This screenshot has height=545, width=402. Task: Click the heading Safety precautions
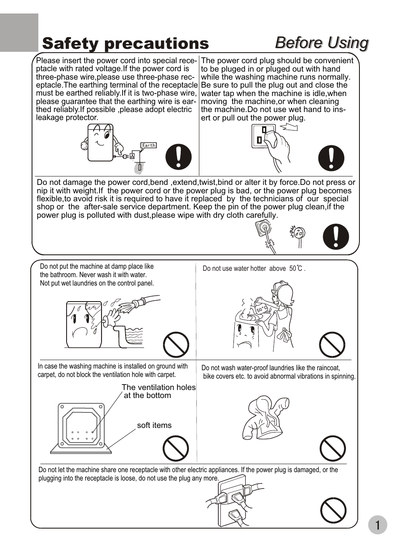[x=126, y=43]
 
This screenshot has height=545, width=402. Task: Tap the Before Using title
[x=322, y=43]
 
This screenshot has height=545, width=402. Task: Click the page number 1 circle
[x=377, y=525]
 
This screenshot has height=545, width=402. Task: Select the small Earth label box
[x=148, y=145]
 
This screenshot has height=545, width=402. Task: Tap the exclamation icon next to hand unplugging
[x=331, y=158]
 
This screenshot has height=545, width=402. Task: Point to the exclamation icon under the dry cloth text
[x=336, y=236]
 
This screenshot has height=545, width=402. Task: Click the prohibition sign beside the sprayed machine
[x=176, y=345]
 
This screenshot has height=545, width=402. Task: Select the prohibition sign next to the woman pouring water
[x=332, y=345]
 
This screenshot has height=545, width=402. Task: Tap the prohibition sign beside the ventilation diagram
[x=176, y=448]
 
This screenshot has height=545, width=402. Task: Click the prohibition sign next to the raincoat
[x=332, y=448]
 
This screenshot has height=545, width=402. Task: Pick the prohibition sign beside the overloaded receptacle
[x=333, y=510]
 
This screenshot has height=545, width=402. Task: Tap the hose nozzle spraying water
[x=137, y=304]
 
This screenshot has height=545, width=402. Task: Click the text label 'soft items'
[x=154, y=425]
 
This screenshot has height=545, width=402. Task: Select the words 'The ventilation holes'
[x=158, y=387]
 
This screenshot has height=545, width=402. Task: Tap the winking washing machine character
[x=100, y=142]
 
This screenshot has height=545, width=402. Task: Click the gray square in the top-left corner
[x=19, y=32]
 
